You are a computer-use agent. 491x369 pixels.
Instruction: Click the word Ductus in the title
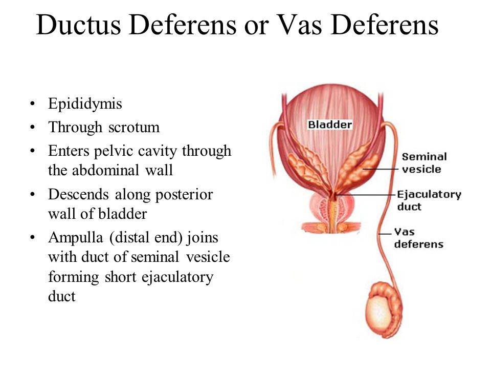point(79,25)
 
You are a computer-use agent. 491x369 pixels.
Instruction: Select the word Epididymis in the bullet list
point(85,104)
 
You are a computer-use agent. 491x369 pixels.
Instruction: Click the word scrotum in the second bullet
point(133,128)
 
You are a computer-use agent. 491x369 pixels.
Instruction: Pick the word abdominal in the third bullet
point(105,170)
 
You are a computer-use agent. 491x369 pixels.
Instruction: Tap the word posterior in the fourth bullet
point(184,195)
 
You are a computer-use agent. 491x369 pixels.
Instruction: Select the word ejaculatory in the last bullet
point(177,277)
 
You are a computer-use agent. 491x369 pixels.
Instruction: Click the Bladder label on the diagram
point(330,125)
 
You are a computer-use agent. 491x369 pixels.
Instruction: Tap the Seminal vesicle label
point(424,163)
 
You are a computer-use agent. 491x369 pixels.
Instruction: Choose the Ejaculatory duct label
point(429,200)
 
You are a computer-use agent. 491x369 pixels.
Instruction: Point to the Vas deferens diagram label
point(419,238)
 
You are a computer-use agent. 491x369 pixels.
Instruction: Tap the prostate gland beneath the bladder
point(332,209)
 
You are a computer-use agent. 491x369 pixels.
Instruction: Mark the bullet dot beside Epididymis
point(32,104)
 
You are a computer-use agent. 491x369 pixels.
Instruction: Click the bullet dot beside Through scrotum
point(32,128)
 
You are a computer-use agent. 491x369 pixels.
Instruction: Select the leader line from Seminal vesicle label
point(381,170)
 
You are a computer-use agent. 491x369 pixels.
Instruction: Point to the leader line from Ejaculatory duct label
point(365,195)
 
